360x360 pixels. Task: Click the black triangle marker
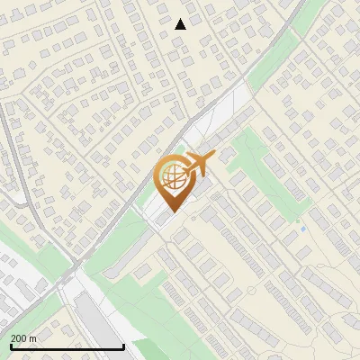[181, 24]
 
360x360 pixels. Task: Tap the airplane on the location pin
[197, 165]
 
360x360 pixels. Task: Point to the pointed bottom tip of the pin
[173, 212]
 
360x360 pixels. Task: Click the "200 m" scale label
[23, 338]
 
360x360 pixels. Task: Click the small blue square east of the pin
[303, 229]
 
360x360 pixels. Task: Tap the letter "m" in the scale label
[32, 338]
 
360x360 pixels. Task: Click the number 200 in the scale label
[19, 338]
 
